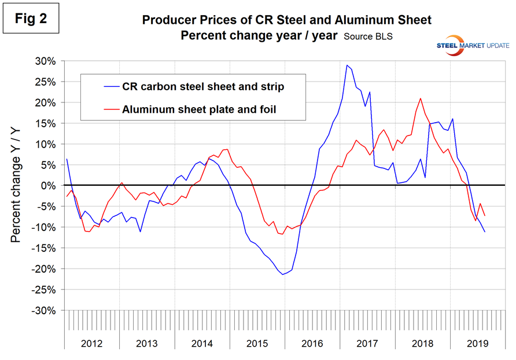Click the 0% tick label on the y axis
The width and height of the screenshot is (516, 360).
point(50,186)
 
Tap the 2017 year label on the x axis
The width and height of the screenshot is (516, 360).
point(368,343)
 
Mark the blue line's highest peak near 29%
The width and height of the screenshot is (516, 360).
point(347,65)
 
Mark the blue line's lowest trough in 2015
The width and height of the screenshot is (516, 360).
point(283,274)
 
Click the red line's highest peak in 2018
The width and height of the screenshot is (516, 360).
point(420,98)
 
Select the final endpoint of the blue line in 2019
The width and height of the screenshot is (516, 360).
point(485,232)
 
